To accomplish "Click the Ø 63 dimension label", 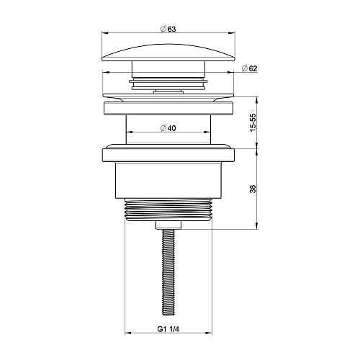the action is [168, 29].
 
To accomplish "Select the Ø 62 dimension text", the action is [249, 68].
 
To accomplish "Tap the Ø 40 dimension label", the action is [168, 128].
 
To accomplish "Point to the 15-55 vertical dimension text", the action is [253, 122].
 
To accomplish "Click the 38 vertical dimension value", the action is [253, 189].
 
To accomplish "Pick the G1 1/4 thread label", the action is [168, 329].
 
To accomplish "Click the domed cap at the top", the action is [168, 53].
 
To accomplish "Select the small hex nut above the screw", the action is [168, 225].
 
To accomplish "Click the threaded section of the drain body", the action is [168, 210].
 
